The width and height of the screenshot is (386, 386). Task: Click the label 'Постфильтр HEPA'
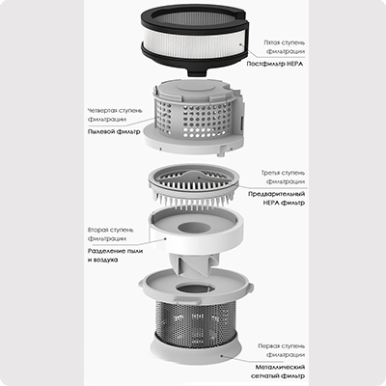click(275, 64)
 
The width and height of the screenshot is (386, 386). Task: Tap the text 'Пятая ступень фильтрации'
click(284, 47)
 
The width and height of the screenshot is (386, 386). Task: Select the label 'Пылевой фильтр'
click(114, 131)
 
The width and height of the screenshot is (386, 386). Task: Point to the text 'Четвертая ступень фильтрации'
click(115, 115)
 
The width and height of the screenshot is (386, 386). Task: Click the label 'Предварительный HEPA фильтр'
click(277, 199)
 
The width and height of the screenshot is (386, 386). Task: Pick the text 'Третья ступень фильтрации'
click(283, 178)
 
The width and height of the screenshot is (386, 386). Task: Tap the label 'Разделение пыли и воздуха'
click(115, 256)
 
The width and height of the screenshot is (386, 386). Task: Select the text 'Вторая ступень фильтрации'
click(110, 234)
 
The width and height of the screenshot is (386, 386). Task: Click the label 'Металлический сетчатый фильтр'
click(278, 372)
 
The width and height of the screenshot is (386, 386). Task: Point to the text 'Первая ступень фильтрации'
click(282, 350)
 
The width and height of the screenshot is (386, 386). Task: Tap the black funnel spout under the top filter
click(196, 72)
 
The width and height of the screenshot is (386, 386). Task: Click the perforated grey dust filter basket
click(193, 118)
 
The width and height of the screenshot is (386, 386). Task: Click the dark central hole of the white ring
click(195, 228)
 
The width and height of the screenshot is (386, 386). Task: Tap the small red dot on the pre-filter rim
click(154, 180)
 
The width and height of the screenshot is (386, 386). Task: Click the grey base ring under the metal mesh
click(196, 348)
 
